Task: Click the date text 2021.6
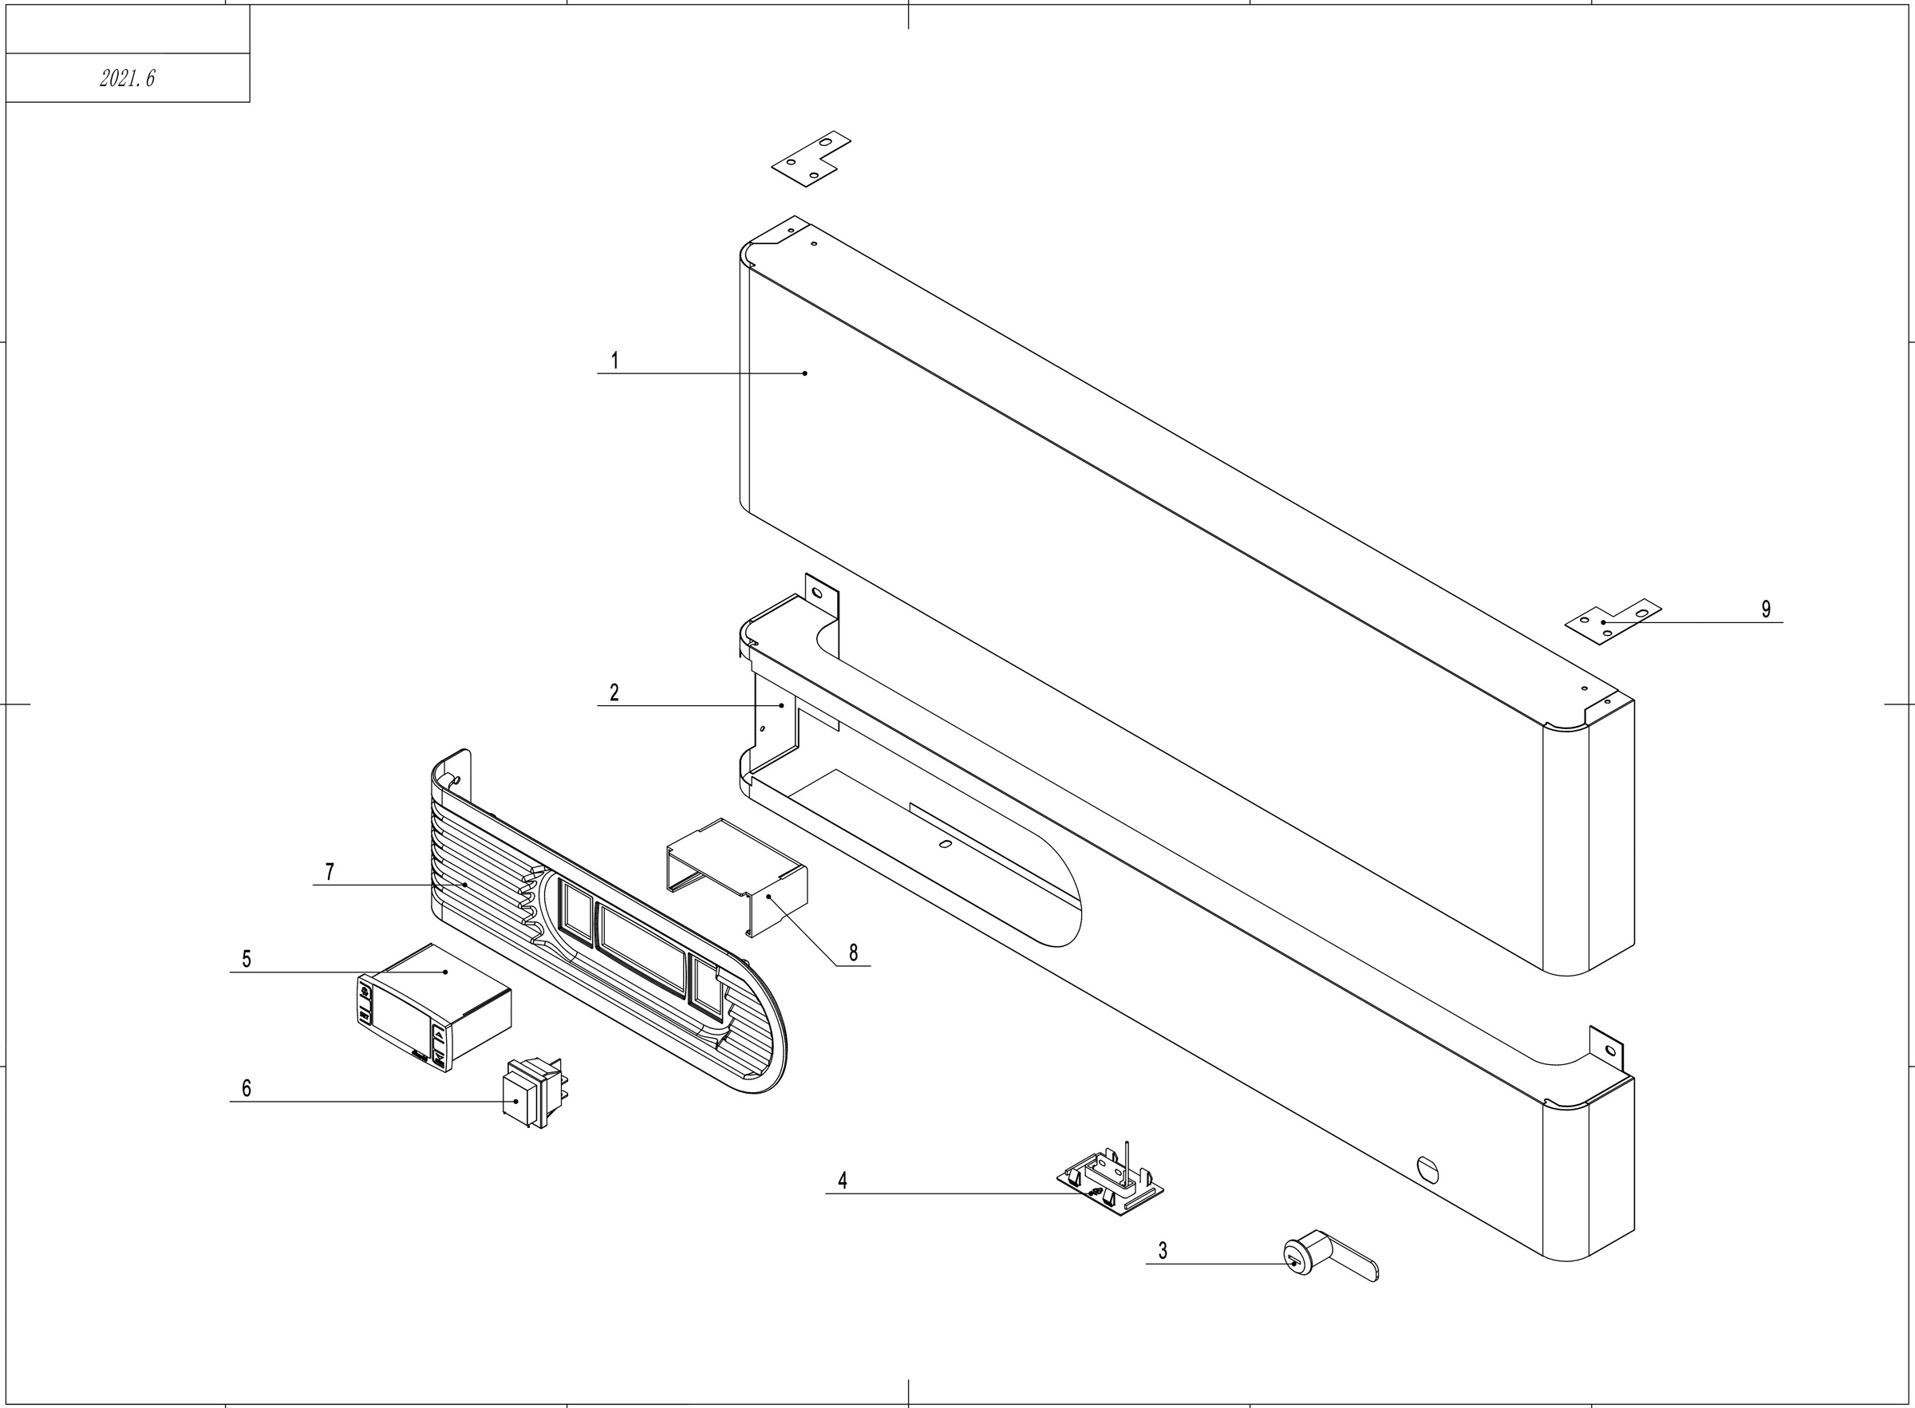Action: pos(127,78)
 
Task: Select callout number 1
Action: pos(614,361)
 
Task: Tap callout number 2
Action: pos(614,693)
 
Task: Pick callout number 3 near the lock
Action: pos(1163,1250)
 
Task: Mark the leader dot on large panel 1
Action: pos(804,373)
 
